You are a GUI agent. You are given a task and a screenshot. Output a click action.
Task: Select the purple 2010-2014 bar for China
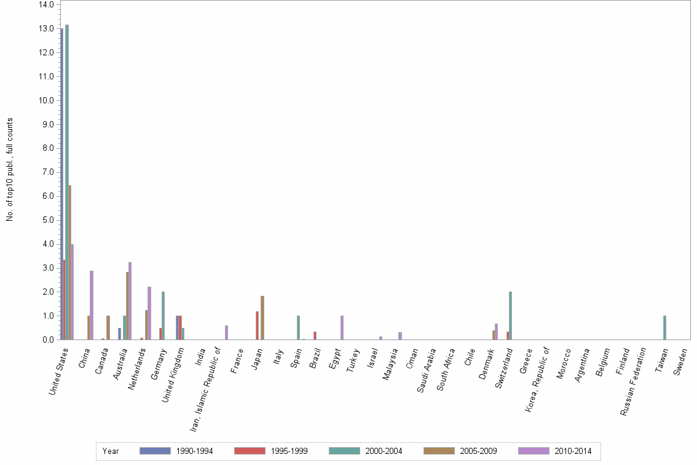tap(92, 304)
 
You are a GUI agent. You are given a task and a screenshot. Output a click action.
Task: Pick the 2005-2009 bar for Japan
tap(262, 317)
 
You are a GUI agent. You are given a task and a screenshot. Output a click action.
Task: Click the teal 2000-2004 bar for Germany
tap(163, 316)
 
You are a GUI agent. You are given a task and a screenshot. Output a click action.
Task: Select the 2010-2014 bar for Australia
tap(130, 301)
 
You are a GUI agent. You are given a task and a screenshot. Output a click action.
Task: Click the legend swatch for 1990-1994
tap(154, 451)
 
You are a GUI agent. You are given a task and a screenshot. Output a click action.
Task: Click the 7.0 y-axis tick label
tap(47, 172)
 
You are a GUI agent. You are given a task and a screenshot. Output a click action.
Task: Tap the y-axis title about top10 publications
tap(10, 169)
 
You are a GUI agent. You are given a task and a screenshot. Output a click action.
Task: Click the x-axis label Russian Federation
tap(634, 381)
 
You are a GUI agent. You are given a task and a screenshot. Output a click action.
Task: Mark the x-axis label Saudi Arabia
tap(427, 370)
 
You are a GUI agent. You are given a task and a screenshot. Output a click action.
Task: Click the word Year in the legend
tap(111, 451)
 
